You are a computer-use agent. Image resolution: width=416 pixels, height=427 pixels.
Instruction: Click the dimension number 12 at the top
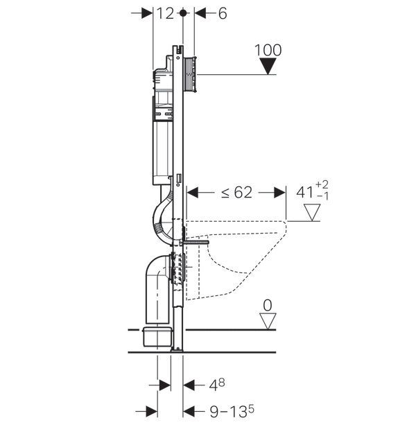[x=166, y=13]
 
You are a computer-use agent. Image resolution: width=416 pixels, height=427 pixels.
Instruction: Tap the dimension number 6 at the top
[x=223, y=13]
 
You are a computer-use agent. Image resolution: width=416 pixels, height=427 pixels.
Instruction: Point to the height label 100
[x=268, y=50]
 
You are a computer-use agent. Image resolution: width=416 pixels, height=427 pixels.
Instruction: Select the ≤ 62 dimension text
[x=236, y=193]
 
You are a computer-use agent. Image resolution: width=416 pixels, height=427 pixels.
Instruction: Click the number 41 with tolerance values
[x=313, y=191]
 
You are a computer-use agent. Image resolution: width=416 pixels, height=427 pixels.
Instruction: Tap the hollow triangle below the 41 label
[x=312, y=212]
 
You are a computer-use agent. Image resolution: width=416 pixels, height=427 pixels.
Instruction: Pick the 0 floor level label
[x=268, y=305]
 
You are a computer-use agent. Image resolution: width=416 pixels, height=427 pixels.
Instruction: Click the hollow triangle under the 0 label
[x=268, y=322]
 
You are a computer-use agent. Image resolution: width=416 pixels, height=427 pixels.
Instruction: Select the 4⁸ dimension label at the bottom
[x=217, y=385]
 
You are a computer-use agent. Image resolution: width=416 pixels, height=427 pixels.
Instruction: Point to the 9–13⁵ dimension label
[x=232, y=411]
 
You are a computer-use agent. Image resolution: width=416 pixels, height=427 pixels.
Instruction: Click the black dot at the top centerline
[x=183, y=12]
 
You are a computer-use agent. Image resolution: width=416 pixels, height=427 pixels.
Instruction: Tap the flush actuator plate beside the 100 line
[x=190, y=74]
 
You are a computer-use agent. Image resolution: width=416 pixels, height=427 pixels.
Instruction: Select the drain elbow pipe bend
[x=156, y=268]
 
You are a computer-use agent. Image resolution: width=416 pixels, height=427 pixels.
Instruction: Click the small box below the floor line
[x=157, y=337]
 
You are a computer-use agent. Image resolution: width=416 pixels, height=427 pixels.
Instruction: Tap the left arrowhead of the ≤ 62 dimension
[x=192, y=193]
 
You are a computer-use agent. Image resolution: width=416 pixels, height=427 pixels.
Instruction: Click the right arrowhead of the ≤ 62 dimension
[x=280, y=193]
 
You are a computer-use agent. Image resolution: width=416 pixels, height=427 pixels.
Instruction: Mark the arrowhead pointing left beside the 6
[x=200, y=13]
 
